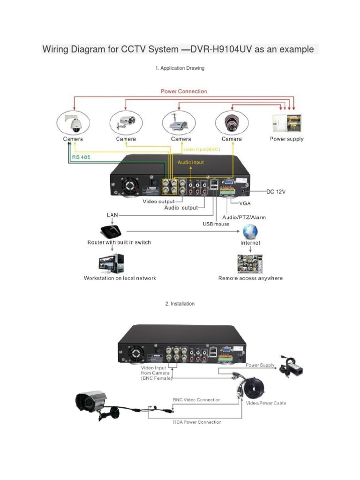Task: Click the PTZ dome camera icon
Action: point(74,123)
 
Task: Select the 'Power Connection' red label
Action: point(184,91)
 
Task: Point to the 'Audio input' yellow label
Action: point(190,162)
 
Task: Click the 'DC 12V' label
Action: point(277,192)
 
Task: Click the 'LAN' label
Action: point(113,214)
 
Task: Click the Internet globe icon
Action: point(250,231)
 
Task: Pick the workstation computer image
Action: point(112,264)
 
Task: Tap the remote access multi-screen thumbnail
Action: point(250,263)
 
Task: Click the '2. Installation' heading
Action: point(180,304)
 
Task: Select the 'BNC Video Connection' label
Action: point(196,400)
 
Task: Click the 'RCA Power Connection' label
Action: point(197,422)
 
